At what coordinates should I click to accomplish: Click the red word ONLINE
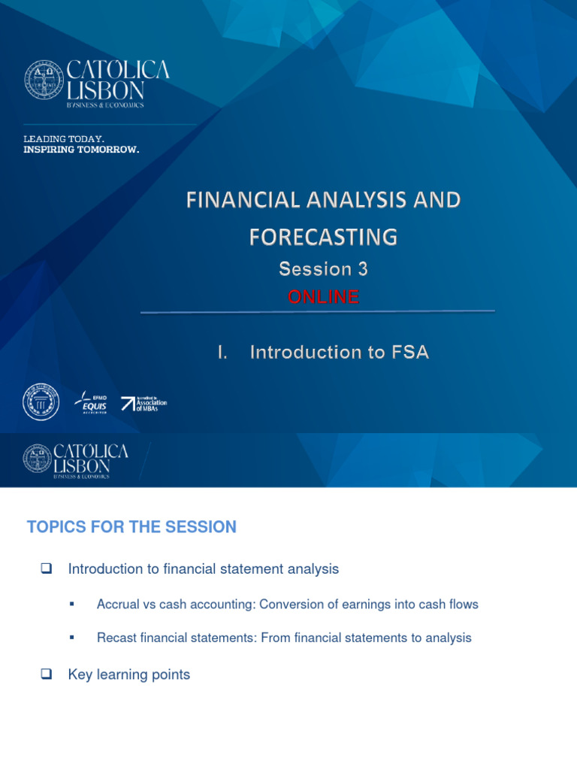click(x=323, y=297)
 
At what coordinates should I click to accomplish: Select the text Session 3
click(x=323, y=268)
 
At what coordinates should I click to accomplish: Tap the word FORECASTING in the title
click(x=323, y=237)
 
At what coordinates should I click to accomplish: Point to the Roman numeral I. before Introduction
click(x=222, y=352)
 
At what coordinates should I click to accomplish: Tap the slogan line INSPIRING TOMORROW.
click(x=81, y=150)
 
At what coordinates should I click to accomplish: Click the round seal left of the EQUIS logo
click(x=41, y=402)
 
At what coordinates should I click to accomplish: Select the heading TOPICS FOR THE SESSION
click(x=131, y=527)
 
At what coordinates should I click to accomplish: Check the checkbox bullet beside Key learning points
click(x=44, y=675)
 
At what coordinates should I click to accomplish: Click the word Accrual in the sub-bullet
click(x=116, y=605)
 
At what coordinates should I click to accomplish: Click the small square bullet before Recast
click(x=71, y=637)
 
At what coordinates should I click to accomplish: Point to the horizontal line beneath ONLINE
click(x=317, y=311)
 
